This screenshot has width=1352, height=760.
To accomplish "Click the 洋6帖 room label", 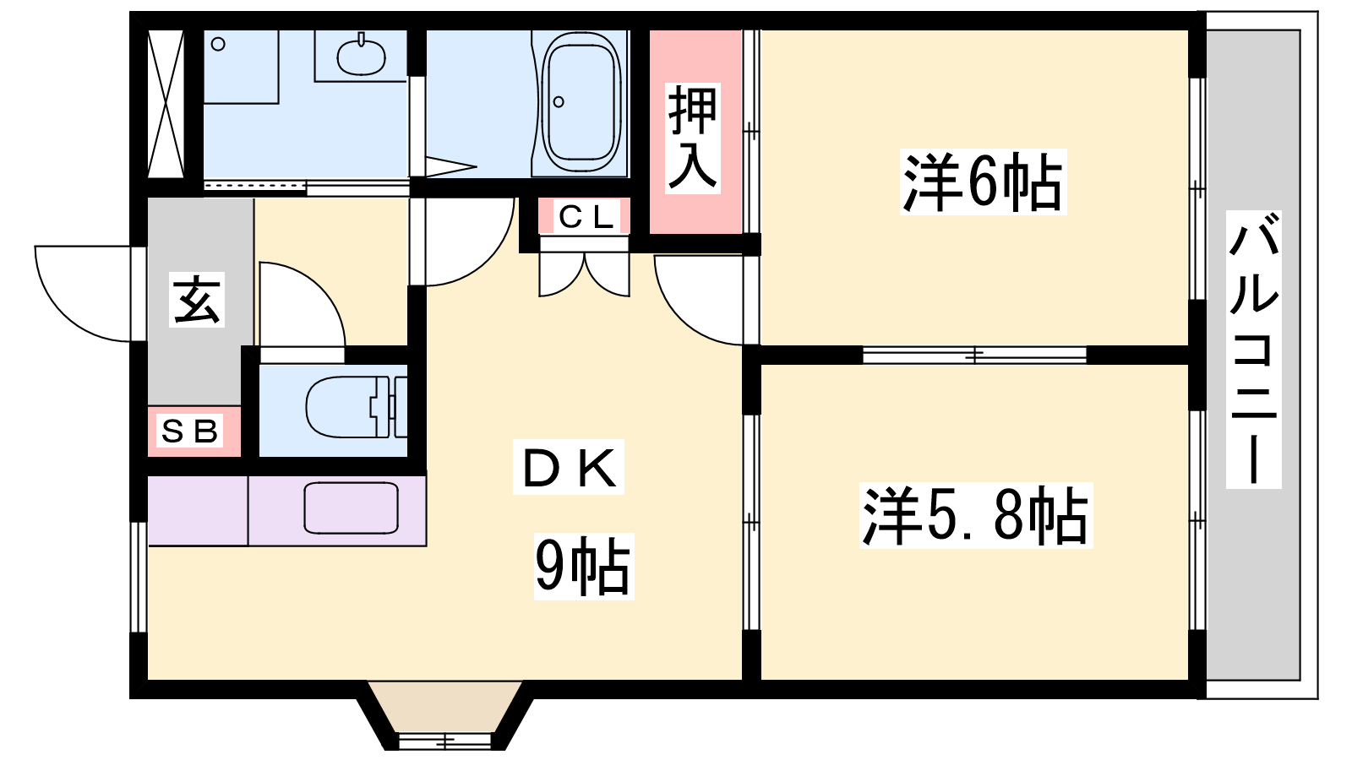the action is point(983,182).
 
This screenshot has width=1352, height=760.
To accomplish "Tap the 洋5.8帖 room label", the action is point(976,515).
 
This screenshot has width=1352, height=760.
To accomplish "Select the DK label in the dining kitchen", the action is point(569,467).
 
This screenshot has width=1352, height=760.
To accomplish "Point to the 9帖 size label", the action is point(584,566).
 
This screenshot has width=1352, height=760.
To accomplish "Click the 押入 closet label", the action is point(693,138).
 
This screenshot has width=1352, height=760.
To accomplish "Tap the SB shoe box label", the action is point(189,431).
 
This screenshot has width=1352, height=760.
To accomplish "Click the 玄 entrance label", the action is point(197,300).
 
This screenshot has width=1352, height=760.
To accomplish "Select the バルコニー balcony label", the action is point(1254,350).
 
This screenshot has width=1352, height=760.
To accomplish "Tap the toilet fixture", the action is point(356,407).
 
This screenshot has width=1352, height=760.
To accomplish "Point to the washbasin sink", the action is point(361,56).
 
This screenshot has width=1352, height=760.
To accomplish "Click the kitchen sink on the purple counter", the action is point(351,508).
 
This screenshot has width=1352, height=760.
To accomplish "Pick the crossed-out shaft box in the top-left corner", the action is point(166,104).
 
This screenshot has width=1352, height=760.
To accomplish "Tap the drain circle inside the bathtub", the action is point(559,102).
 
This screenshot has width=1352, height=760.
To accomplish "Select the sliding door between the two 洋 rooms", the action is point(974,356).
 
